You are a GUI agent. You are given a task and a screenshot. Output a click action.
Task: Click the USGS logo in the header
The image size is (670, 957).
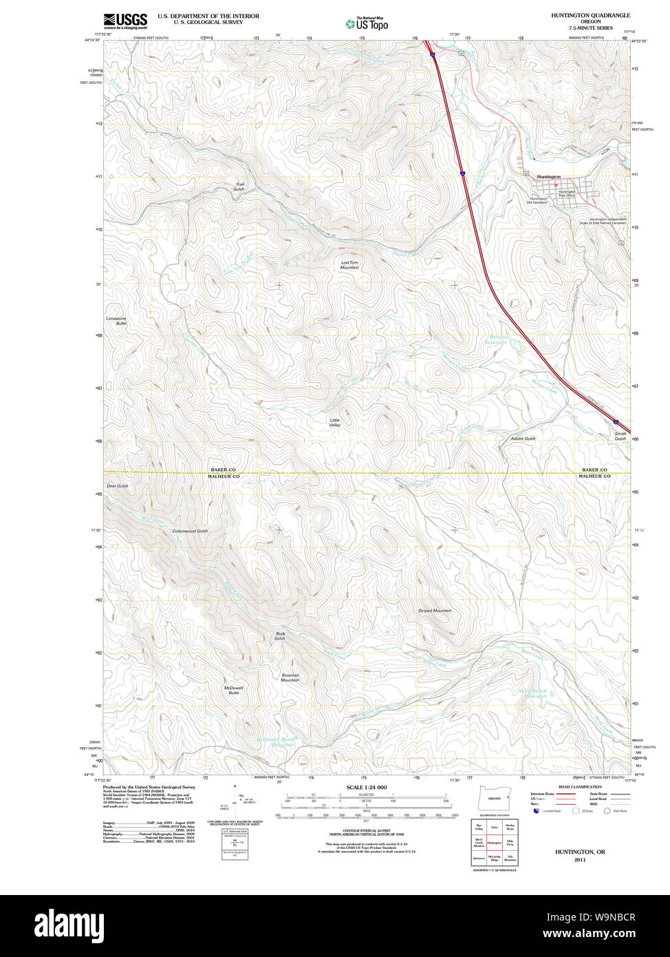coord(125,20)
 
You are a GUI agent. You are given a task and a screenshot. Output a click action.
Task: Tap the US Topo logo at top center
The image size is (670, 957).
coord(367,24)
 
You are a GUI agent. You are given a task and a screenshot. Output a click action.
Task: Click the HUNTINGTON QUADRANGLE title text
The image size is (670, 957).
coord(590,15)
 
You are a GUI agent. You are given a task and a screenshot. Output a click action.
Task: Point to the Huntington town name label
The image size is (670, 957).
coord(548,177)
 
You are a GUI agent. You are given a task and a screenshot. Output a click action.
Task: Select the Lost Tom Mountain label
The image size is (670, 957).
coord(349,264)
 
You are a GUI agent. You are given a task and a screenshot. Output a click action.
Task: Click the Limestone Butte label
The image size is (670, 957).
coord(116,321)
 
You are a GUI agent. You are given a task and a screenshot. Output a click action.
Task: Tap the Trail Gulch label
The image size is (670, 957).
coord(239,187)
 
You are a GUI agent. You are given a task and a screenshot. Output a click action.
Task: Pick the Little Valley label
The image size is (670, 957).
coord(335,423)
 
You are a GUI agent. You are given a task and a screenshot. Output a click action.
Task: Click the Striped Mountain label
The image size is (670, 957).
coord(435,611)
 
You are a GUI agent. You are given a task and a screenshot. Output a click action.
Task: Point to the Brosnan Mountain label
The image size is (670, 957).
coord(290,677)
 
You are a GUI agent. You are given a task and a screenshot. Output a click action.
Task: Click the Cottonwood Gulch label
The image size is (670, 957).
coord(190,531)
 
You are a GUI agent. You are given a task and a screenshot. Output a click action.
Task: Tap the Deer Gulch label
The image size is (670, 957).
coord(118,486)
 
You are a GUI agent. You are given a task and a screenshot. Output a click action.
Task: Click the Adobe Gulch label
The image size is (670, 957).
coord(523,439)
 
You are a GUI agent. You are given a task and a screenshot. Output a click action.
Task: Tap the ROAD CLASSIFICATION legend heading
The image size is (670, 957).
coord(580,786)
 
